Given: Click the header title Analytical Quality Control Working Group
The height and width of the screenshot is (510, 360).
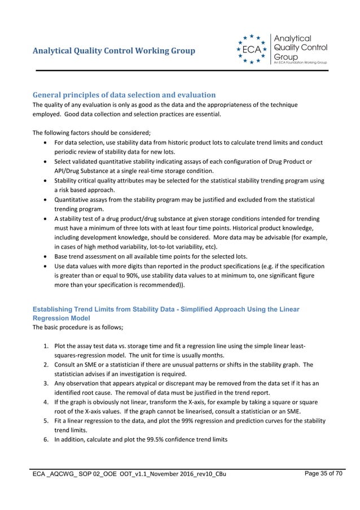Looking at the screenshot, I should pyautogui.click(x=114, y=51).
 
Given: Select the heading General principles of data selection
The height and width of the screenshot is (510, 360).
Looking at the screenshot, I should pyautogui.click(x=124, y=94).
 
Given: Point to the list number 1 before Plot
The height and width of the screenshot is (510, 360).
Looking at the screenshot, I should pyautogui.click(x=45, y=346).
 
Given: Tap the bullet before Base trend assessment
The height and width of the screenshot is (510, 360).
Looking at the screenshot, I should pyautogui.click(x=45, y=256).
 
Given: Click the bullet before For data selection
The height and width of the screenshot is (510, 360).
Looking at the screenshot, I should pyautogui.click(x=45, y=142).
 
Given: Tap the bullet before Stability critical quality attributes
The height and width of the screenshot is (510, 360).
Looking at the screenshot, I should pyautogui.click(x=45, y=181).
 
